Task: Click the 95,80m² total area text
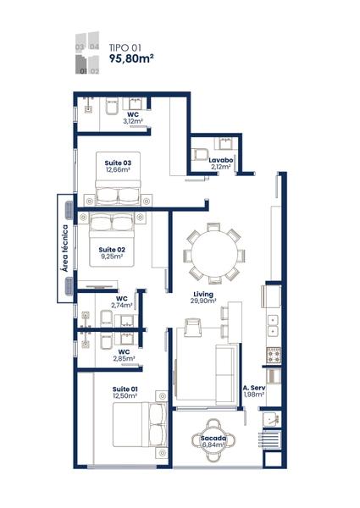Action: tap(131, 58)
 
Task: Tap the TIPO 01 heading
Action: tap(125, 48)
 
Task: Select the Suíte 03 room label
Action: tap(118, 163)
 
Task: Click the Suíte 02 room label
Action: tap(112, 250)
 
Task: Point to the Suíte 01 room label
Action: tap(125, 389)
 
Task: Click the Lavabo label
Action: tap(221, 160)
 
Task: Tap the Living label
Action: tap(203, 294)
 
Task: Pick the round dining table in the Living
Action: tap(214, 253)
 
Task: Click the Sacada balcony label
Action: tap(213, 439)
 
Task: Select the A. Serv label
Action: tap(254, 388)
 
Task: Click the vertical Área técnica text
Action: tap(65, 248)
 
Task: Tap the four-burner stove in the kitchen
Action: tap(274, 355)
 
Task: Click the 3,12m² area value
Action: tap(133, 121)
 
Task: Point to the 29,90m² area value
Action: tap(203, 301)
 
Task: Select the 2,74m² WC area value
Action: tap(122, 305)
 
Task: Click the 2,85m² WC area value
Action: tap(125, 359)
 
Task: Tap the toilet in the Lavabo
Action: tap(200, 155)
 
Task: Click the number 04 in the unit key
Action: tap(94, 47)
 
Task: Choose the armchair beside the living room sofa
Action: tap(192, 328)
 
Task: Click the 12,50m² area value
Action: tap(125, 396)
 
